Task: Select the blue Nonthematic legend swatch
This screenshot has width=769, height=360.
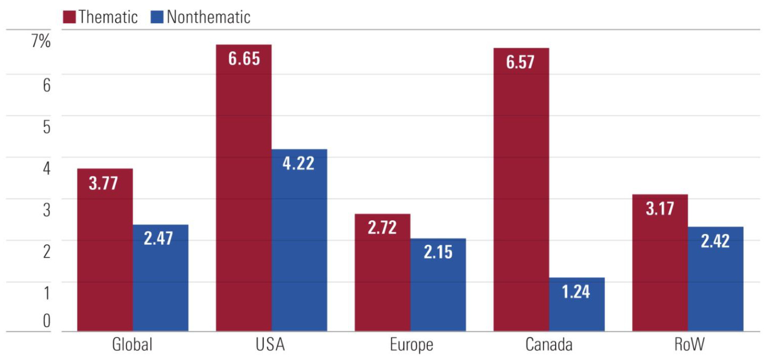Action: (157, 16)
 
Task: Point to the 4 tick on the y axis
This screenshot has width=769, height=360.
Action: (46, 168)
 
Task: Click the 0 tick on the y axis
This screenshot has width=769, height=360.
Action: (46, 320)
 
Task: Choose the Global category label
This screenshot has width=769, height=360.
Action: (132, 345)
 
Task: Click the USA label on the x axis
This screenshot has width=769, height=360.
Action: (271, 345)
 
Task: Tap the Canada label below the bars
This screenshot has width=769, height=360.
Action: (549, 345)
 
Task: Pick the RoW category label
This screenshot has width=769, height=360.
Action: (688, 345)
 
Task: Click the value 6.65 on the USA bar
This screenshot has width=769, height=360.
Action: (244, 58)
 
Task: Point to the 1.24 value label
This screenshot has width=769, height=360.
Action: (576, 292)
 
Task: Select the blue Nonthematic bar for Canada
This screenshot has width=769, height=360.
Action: (577, 311)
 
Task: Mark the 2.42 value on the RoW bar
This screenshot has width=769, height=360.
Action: (715, 241)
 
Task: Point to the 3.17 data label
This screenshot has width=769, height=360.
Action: (660, 209)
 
